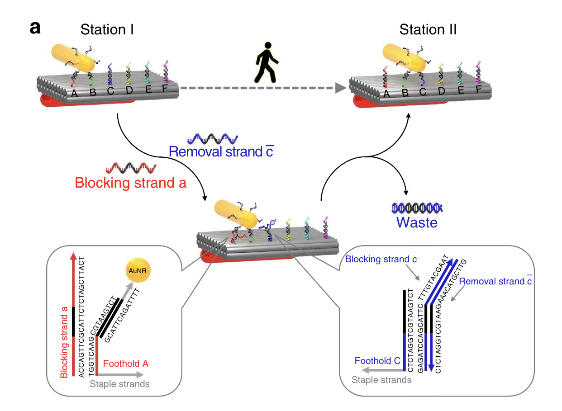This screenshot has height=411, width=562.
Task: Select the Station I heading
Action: (107, 30)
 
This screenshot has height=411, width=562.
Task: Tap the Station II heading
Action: (428, 30)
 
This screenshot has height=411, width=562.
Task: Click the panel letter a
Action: (35, 28)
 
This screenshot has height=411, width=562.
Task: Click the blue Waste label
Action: (417, 222)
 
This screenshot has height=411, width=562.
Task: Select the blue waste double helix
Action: (417, 208)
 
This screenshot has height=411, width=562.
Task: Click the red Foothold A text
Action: (126, 364)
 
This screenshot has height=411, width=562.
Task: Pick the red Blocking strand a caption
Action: (131, 184)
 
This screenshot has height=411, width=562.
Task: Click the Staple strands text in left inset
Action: (119, 384)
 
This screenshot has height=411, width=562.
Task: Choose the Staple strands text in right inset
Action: (382, 380)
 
